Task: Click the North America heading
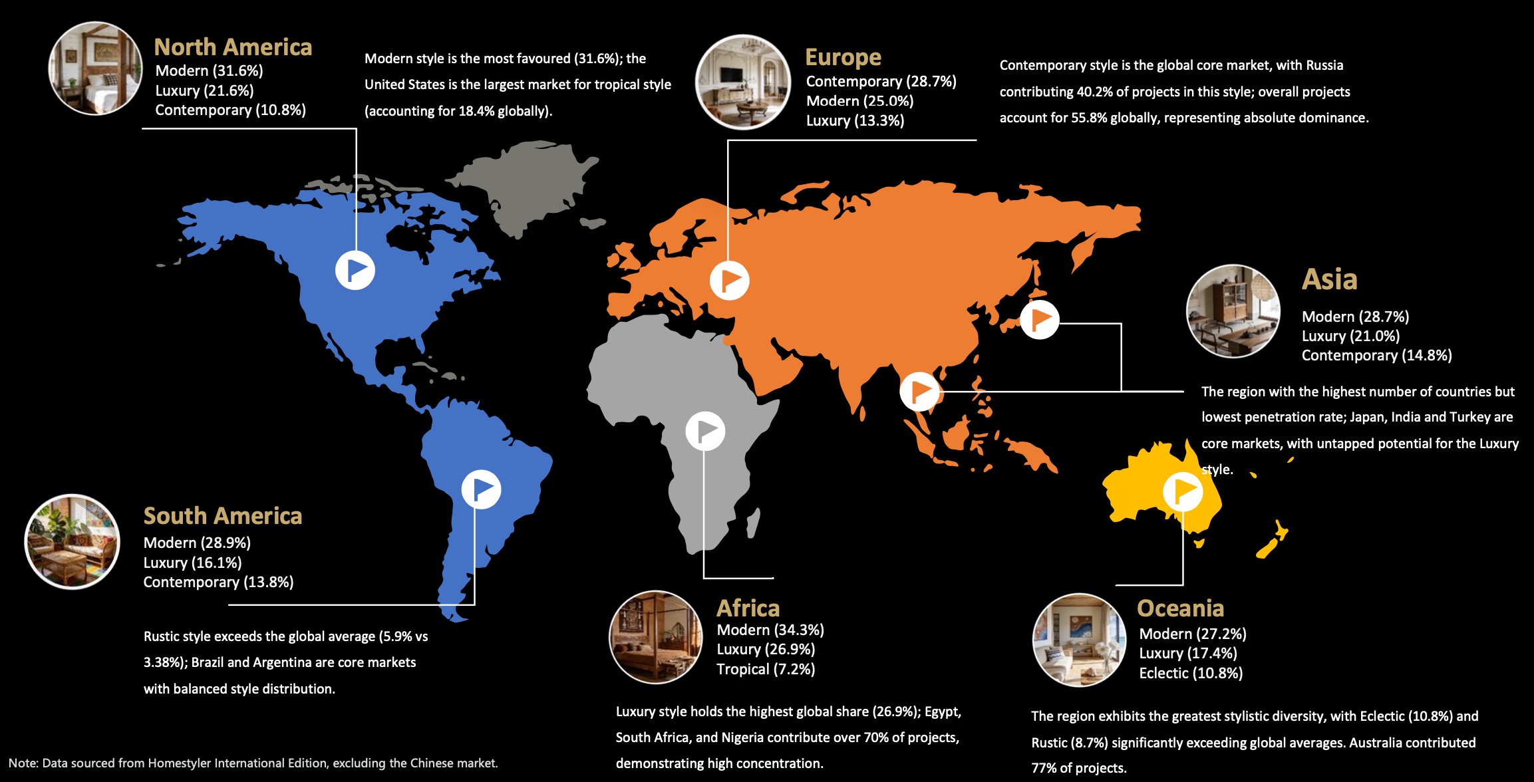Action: [x=233, y=47]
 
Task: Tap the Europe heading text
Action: [x=843, y=57]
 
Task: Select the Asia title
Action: [x=1329, y=279]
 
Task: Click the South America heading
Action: [x=223, y=516]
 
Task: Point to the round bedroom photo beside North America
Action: [x=95, y=68]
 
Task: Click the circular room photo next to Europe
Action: [x=742, y=82]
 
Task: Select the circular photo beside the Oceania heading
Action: [x=1079, y=640]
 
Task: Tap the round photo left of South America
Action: [x=72, y=541]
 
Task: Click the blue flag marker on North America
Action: [x=355, y=270]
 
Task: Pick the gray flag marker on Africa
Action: [x=705, y=431]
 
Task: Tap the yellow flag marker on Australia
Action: [x=1183, y=491]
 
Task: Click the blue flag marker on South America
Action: [x=481, y=489]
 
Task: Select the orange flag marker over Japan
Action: [x=1039, y=319]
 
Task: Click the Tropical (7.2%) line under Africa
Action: [x=766, y=669]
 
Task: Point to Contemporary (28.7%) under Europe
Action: [x=881, y=81]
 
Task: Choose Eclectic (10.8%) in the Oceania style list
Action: [x=1191, y=673]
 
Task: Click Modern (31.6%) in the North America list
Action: [x=209, y=70]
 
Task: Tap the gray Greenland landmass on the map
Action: [x=526, y=180]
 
